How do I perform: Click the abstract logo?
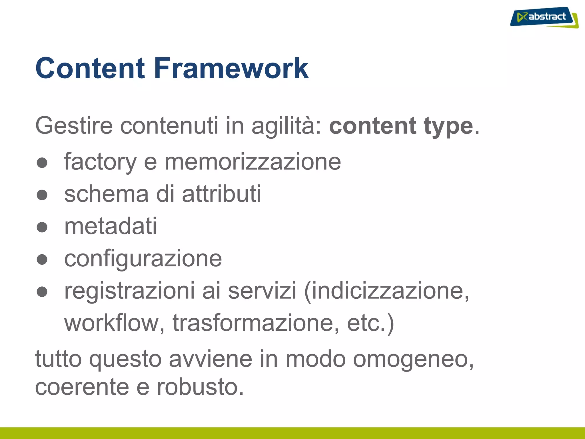pyautogui.click(x=544, y=17)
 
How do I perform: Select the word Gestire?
pyautogui.click(x=74, y=126)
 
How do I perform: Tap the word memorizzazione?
pyautogui.click(x=253, y=162)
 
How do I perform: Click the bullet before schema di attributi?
pyautogui.click(x=42, y=195)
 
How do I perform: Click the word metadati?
pyautogui.click(x=111, y=226)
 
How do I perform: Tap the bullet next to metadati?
pyautogui.click(x=42, y=227)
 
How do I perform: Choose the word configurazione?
pyautogui.click(x=143, y=259)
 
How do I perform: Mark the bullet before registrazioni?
pyautogui.click(x=42, y=292)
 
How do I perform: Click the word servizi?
pyautogui.click(x=262, y=291)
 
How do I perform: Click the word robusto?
pyautogui.click(x=200, y=387)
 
